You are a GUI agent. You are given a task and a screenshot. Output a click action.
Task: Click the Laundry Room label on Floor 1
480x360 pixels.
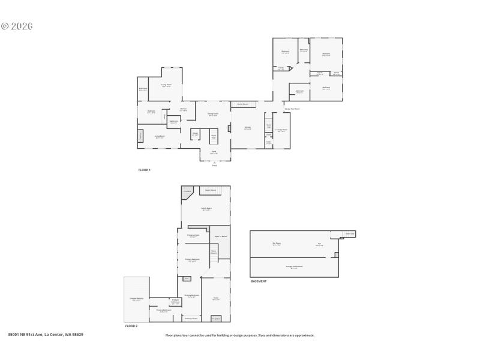281,130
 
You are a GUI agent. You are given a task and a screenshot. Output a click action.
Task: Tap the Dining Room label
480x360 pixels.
212,115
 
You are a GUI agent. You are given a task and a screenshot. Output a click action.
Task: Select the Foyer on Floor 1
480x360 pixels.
214,152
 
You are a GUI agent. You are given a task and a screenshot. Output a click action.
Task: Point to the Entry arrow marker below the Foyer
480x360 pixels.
214,163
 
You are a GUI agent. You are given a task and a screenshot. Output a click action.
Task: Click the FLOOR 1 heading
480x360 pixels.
144,170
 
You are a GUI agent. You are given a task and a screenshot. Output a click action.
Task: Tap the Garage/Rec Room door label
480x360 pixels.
292,109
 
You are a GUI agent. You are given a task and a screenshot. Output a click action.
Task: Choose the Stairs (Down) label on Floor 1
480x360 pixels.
242,104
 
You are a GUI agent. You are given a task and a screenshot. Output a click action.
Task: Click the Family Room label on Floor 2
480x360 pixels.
206,209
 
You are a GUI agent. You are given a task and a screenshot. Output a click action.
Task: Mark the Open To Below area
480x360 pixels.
220,236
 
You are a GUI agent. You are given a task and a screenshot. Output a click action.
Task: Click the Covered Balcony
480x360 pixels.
136,299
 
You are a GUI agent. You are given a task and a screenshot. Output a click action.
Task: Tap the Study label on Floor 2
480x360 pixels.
215,298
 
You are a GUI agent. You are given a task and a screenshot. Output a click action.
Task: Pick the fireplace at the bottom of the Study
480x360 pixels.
216,318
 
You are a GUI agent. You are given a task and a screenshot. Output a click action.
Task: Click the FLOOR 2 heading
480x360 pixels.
131,326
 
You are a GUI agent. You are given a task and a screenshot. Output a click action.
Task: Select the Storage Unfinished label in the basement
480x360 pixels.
294,266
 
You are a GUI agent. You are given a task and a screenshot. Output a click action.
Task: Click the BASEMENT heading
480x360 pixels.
259,281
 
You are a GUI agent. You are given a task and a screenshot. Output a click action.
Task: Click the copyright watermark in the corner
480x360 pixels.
17,26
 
